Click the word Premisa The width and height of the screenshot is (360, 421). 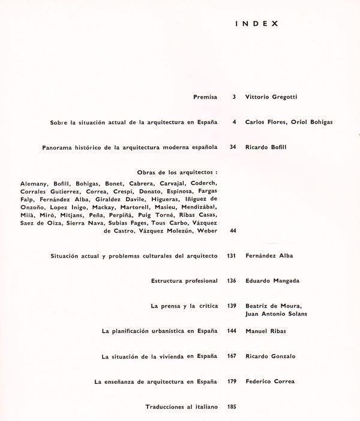(x=205, y=96)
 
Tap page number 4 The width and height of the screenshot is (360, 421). (x=233, y=122)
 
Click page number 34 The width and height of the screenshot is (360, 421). (x=233, y=147)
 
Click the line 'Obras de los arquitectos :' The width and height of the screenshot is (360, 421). (x=172, y=172)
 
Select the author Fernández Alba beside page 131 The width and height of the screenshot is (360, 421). (x=269, y=256)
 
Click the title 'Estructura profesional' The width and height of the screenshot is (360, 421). (x=185, y=280)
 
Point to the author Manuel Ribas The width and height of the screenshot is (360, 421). (x=265, y=331)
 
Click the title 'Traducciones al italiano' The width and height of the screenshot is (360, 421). (x=181, y=407)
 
